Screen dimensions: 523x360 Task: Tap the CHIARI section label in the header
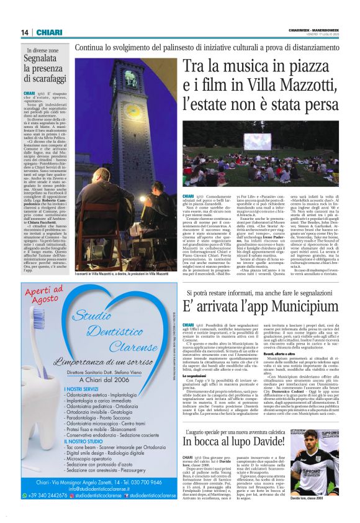click(48, 32)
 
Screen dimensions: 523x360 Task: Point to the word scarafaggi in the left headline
click(47, 80)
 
